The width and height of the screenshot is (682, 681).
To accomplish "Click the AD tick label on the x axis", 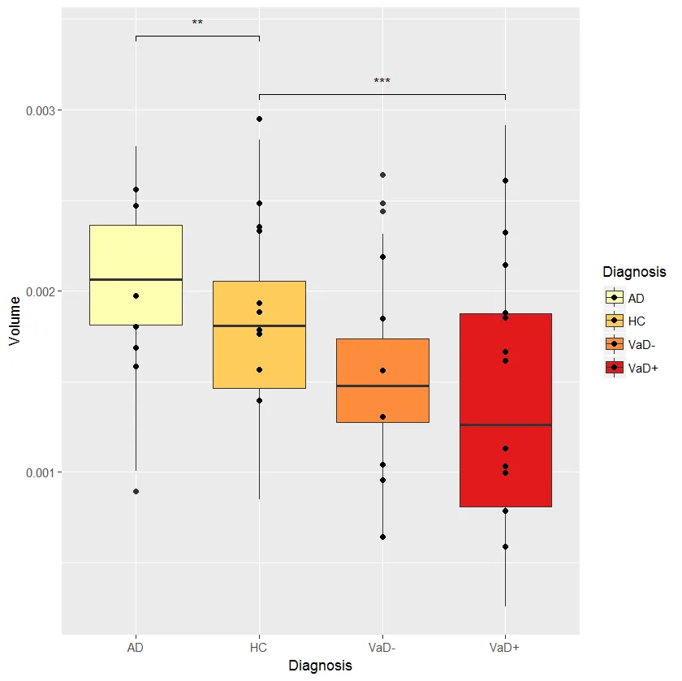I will (x=136, y=647).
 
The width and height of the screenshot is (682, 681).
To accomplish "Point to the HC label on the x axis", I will (x=259, y=647).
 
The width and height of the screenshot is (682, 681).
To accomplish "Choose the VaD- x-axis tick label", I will (x=382, y=647).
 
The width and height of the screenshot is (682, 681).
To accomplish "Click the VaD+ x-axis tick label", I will (x=506, y=647).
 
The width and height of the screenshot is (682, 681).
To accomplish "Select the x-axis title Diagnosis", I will (x=321, y=666).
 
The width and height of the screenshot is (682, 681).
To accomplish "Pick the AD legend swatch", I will (x=614, y=298).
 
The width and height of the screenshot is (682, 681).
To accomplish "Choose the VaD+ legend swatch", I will (x=614, y=368).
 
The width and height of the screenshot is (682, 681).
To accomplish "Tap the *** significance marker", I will (x=382, y=82).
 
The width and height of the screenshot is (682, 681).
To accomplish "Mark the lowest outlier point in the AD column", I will (x=136, y=491).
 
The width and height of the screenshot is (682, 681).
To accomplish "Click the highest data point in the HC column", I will (x=259, y=119).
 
